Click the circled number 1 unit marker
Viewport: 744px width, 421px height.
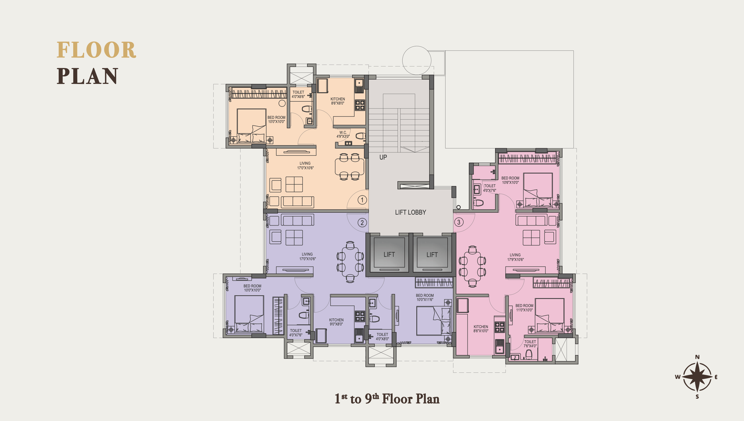[362, 200]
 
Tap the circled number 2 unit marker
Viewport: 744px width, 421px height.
[362, 223]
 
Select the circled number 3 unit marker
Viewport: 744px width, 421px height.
[459, 222]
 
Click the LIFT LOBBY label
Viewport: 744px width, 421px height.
[410, 212]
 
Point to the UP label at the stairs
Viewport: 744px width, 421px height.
[383, 157]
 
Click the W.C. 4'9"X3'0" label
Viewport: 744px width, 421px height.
[343, 134]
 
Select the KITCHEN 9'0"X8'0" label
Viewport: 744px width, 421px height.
[336, 322]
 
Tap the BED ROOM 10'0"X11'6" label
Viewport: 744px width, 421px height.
[425, 298]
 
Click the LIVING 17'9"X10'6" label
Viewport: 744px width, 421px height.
[515, 257]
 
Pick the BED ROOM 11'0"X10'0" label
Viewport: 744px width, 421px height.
[524, 308]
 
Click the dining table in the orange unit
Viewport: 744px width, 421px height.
[349, 167]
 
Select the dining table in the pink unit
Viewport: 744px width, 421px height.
[472, 266]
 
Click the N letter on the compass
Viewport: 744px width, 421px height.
[697, 357]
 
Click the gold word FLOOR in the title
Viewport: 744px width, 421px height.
[96, 50]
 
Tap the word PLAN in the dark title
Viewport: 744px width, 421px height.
[87, 76]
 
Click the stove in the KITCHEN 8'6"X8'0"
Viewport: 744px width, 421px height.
[360, 105]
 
